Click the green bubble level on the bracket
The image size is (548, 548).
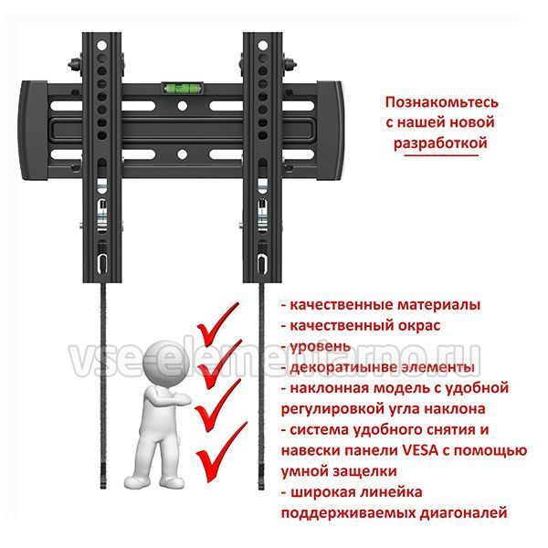pyautogui.click(x=182, y=88)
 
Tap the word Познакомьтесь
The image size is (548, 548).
pyautogui.click(x=441, y=102)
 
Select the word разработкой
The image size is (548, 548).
pyautogui.click(x=440, y=143)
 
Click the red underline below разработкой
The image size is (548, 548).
pyautogui.click(x=441, y=154)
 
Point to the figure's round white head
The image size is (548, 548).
pyautogui.click(x=167, y=362)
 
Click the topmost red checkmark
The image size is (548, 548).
pyautogui.click(x=217, y=323)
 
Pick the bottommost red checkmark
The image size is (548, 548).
pyautogui.click(x=221, y=453)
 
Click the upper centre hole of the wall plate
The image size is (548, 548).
pyautogui.click(x=182, y=106)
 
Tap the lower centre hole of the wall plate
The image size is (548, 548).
pyautogui.click(x=182, y=153)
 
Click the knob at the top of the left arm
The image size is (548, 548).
pyautogui.click(x=75, y=65)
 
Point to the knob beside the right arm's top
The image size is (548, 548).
pyautogui.click(x=290, y=65)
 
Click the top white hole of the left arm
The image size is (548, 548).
pyautogui.click(x=101, y=46)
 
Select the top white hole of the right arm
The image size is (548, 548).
pyautogui.click(x=262, y=46)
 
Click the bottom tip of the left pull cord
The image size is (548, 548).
pyautogui.click(x=103, y=489)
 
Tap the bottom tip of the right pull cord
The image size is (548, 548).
pyautogui.click(x=261, y=489)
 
